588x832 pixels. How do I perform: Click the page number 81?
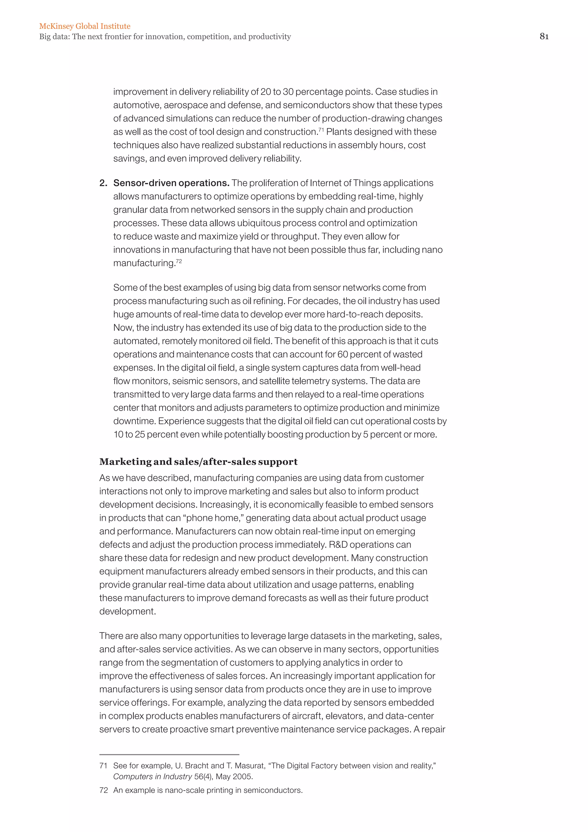pyautogui.click(x=544, y=36)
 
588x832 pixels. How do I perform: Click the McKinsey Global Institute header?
pyautogui.click(x=85, y=26)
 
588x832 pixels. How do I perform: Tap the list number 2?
pyautogui.click(x=103, y=183)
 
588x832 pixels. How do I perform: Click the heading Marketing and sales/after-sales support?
pyautogui.click(x=198, y=462)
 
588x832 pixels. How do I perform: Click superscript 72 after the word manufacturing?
pyautogui.click(x=179, y=261)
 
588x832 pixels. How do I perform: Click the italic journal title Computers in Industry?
pyautogui.click(x=152, y=777)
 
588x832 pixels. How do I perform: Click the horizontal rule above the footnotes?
pyautogui.click(x=169, y=754)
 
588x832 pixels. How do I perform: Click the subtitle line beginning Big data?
pyautogui.click(x=165, y=36)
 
